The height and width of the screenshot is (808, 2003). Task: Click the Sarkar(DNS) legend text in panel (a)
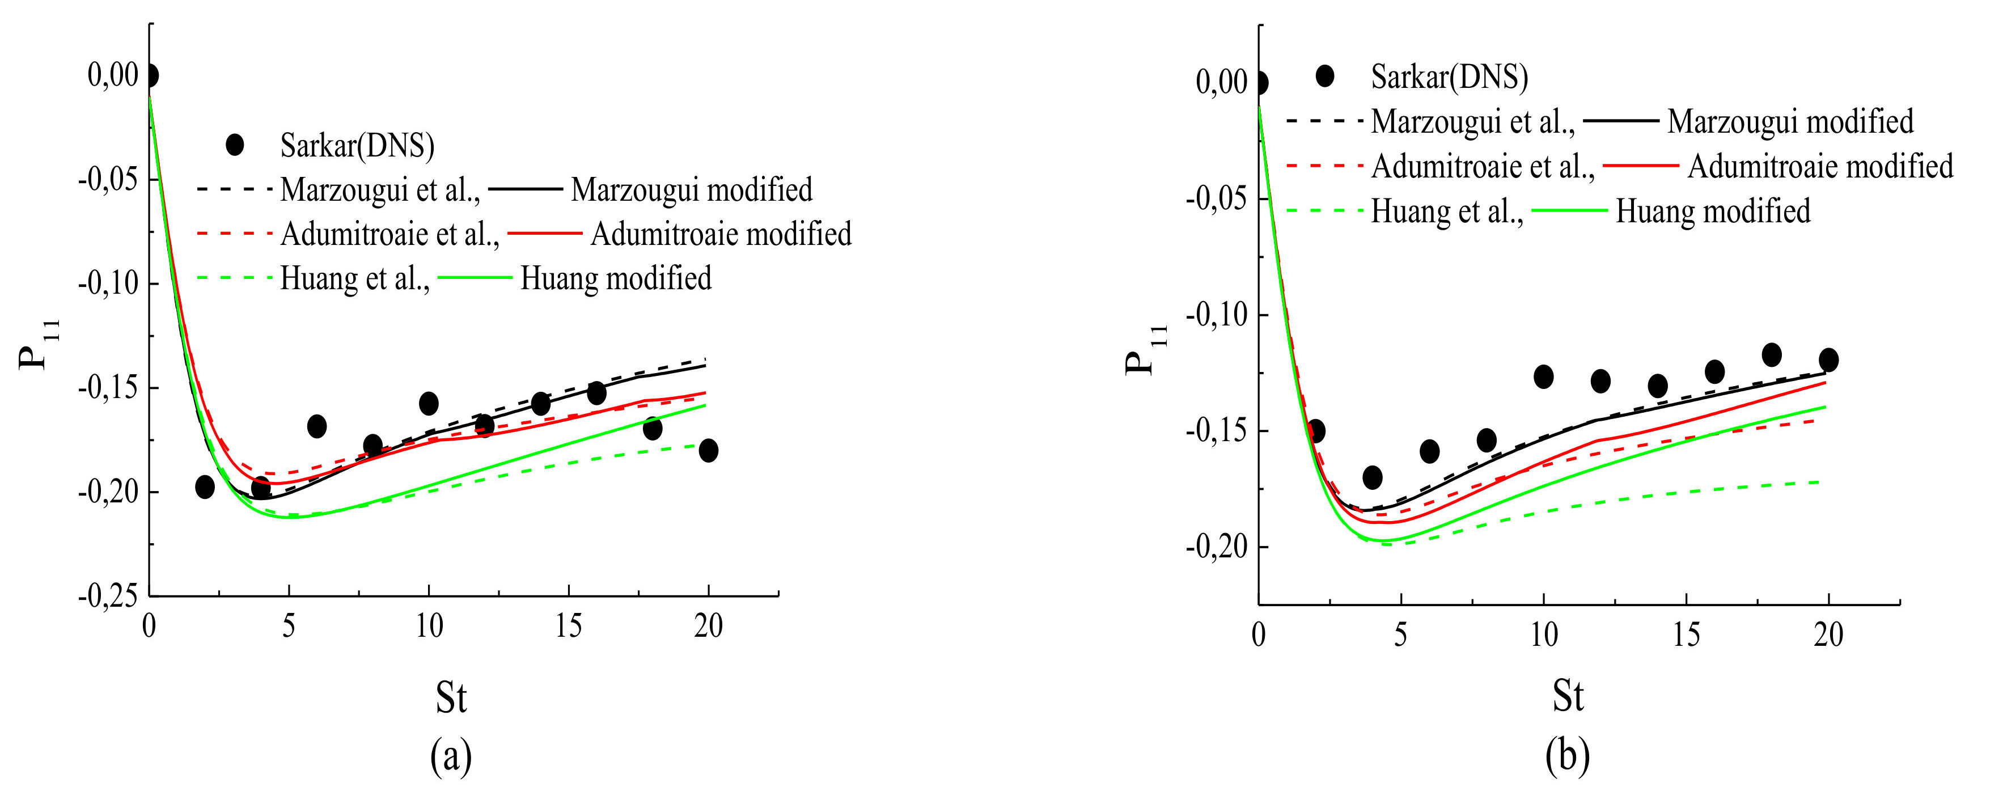click(x=357, y=145)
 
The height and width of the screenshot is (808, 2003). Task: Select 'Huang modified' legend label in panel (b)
click(x=1712, y=211)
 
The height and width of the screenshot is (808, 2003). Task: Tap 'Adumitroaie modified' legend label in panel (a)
click(x=721, y=233)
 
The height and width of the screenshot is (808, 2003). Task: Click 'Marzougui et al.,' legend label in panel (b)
click(x=1472, y=121)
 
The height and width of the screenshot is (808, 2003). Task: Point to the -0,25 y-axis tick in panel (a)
click(x=108, y=597)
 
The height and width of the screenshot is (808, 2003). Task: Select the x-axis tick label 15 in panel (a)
click(x=569, y=626)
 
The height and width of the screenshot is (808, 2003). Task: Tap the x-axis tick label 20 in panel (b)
click(x=1828, y=636)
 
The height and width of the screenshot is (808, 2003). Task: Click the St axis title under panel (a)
click(x=451, y=697)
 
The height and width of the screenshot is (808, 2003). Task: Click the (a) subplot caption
click(x=451, y=755)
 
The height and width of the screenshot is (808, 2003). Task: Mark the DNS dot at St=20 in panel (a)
click(x=708, y=450)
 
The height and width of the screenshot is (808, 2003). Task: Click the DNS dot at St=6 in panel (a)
click(x=316, y=426)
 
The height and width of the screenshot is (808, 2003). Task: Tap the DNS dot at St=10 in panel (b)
click(x=1543, y=376)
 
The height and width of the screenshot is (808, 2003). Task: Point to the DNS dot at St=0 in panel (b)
click(x=1260, y=82)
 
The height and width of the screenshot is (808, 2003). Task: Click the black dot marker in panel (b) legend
click(x=1324, y=76)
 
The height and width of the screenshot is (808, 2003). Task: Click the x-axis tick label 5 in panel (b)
click(x=1400, y=636)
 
